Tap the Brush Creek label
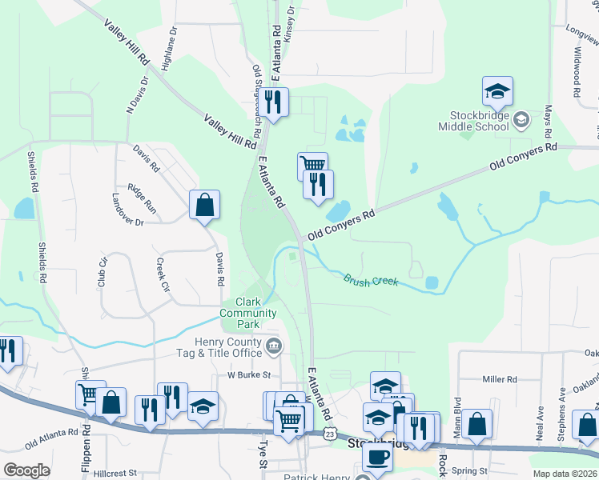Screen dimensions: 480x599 click(x=371, y=281)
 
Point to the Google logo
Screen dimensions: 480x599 click(x=26, y=470)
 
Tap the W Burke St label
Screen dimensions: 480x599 click(x=250, y=374)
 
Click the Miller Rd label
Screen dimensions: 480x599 click(x=502, y=378)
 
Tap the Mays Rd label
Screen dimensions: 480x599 click(x=549, y=120)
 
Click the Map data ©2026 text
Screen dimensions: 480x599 click(x=565, y=474)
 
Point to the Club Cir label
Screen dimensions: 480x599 click(x=103, y=271)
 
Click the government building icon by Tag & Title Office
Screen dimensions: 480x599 click(x=274, y=346)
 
